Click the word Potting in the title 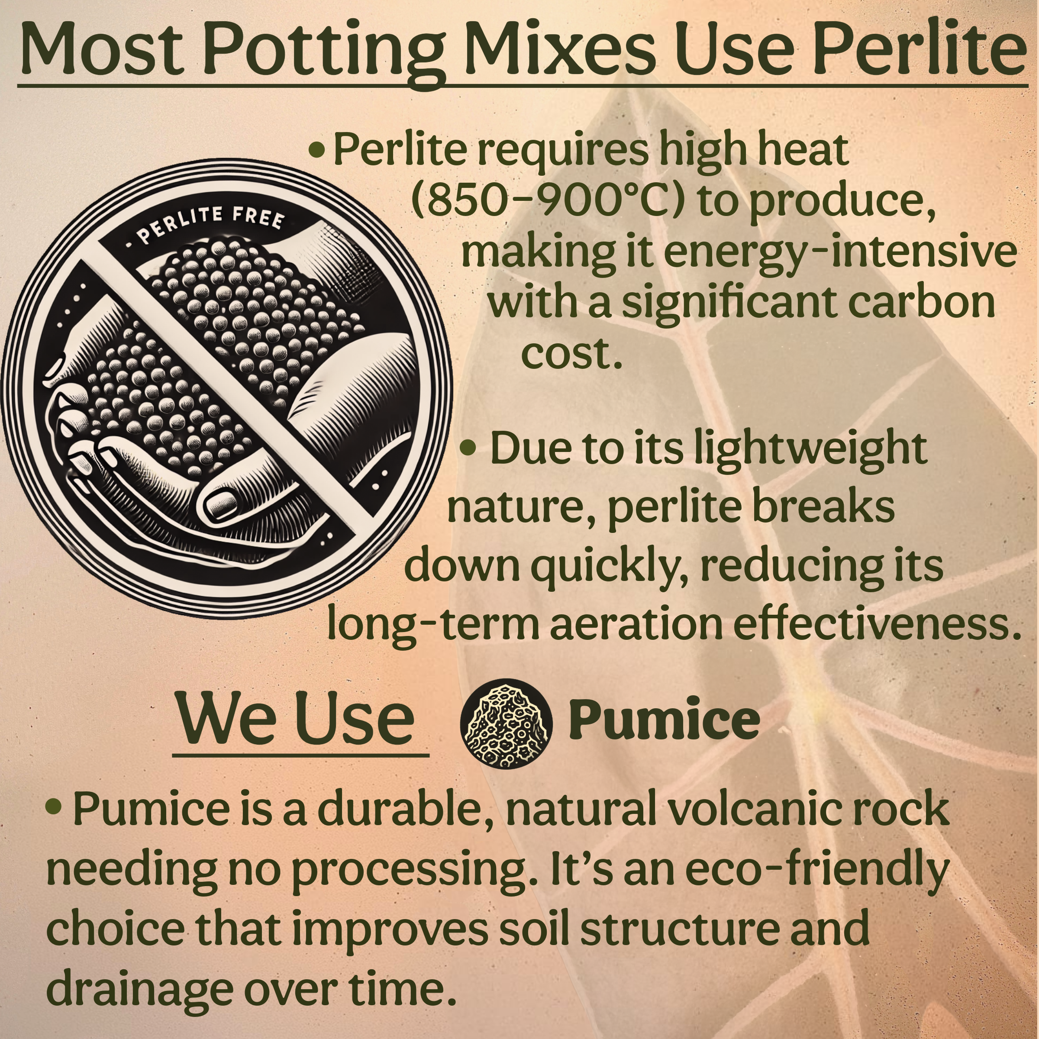click(x=323, y=51)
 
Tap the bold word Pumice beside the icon click(x=664, y=722)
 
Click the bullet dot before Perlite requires click(x=317, y=149)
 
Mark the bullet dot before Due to click(x=468, y=448)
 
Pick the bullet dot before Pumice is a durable click(x=53, y=806)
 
